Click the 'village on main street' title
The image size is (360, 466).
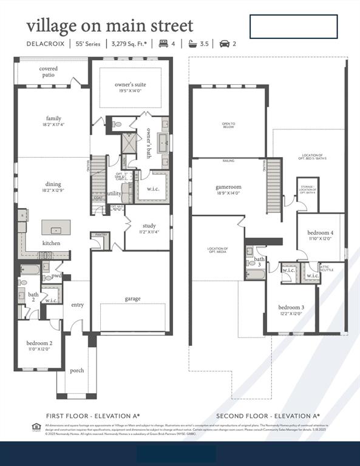109,25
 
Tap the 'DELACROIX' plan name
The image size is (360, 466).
46,44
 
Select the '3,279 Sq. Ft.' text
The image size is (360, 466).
129,44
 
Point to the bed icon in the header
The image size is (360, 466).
163,44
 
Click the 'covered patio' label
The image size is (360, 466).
48,72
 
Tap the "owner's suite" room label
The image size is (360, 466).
130,84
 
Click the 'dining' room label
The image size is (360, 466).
53,184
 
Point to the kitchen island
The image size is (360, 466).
56,228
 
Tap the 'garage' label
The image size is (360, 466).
133,299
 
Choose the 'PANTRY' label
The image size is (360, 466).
100,235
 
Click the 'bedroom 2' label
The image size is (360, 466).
38,343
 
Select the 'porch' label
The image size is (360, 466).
77,370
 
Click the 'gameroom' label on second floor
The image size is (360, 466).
228,187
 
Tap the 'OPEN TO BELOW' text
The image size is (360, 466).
228,125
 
